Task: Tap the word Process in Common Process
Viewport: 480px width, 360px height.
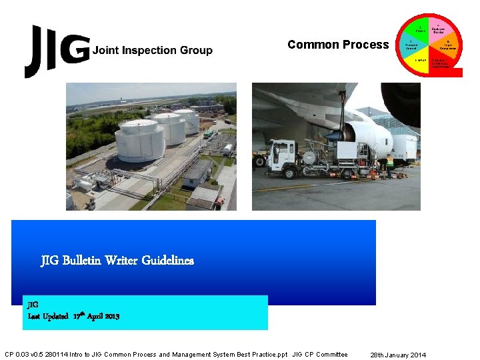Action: pyautogui.click(x=366, y=45)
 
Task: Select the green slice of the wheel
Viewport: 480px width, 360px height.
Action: pyautogui.click(x=420, y=29)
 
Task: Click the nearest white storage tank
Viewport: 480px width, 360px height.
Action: pyautogui.click(x=139, y=141)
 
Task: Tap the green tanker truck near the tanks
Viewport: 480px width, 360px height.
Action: pyautogui.click(x=209, y=134)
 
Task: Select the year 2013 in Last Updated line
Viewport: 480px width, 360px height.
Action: pyautogui.click(x=111, y=316)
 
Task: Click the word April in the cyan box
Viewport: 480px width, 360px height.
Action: pyautogui.click(x=93, y=316)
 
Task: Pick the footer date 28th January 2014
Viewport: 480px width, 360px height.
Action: pyautogui.click(x=398, y=355)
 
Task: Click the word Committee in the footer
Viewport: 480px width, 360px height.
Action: pyautogui.click(x=331, y=355)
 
